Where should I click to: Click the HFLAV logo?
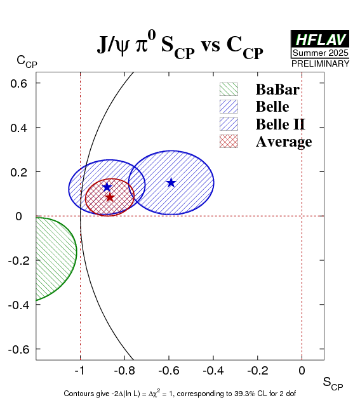(320, 39)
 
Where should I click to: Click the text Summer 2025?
(320, 53)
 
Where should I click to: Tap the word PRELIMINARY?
(320, 63)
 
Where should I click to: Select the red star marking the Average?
(110, 197)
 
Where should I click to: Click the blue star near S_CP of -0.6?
(171, 183)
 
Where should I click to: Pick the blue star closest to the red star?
(107, 187)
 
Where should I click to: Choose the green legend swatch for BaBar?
(229, 90)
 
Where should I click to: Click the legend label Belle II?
(281, 124)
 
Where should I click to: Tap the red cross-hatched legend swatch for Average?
(229, 142)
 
